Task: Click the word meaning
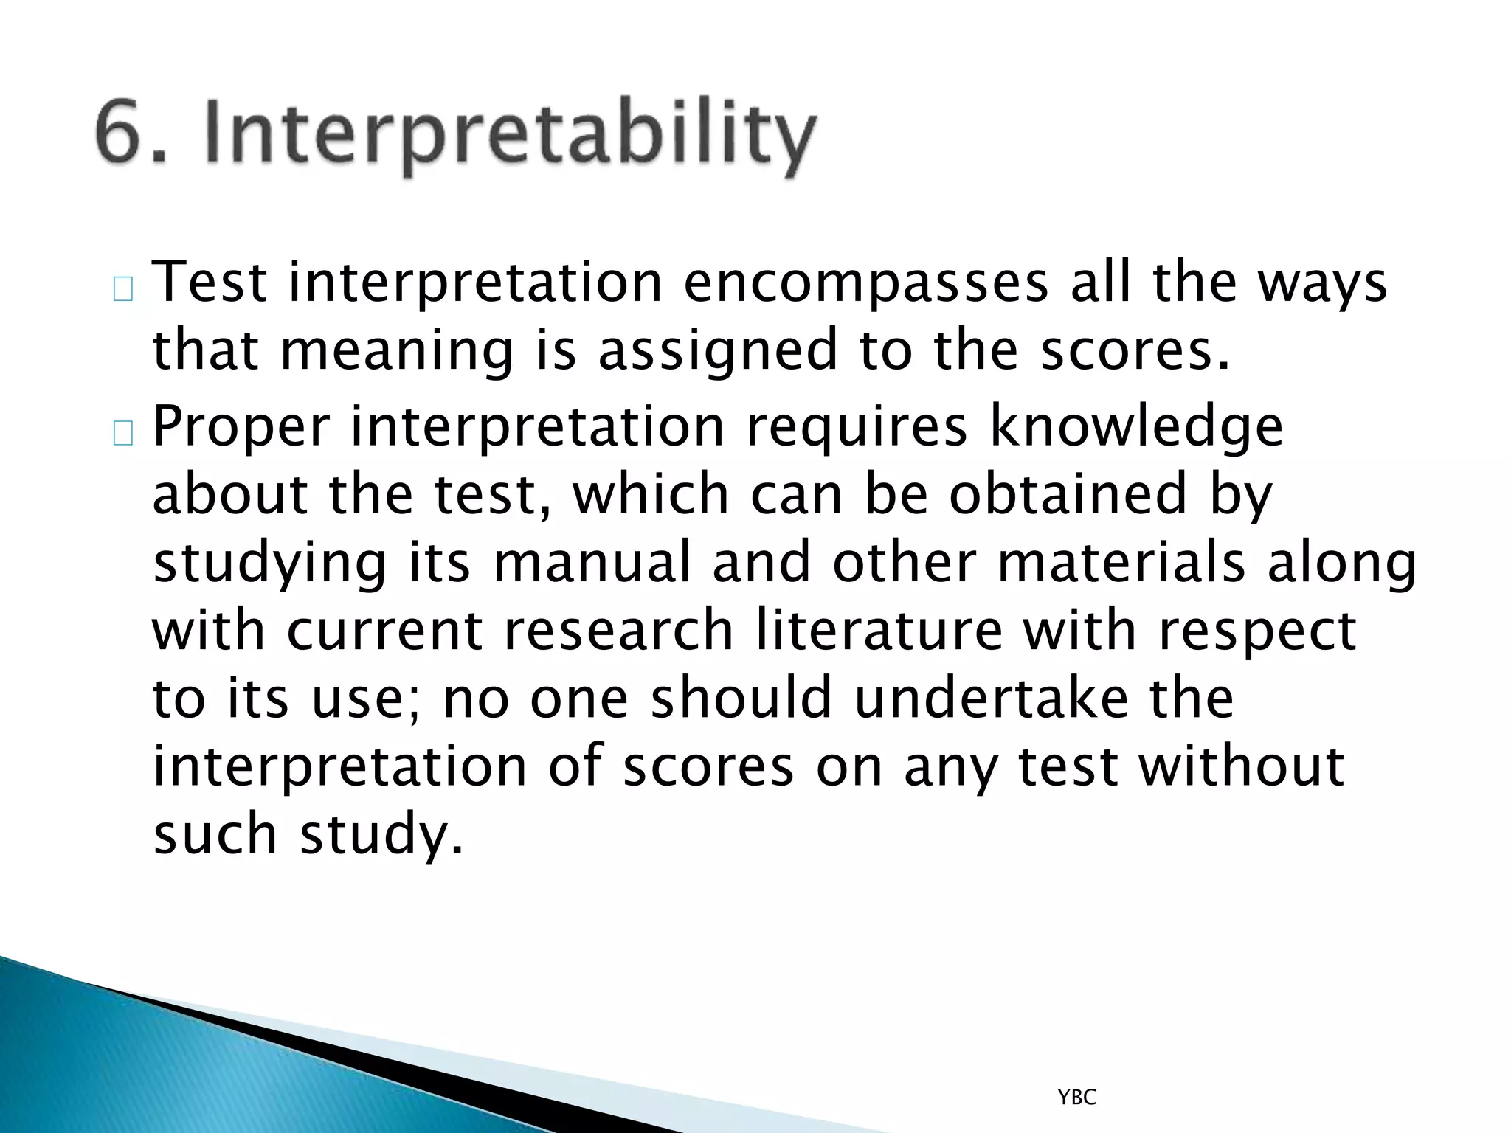coord(396,351)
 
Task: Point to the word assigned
coord(717,351)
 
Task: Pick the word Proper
coord(240,428)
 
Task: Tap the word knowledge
coord(1136,428)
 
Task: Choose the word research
coord(618,631)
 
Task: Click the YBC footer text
coord(1077,1098)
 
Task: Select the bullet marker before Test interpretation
coord(123,290)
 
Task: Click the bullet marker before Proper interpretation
coord(123,435)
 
